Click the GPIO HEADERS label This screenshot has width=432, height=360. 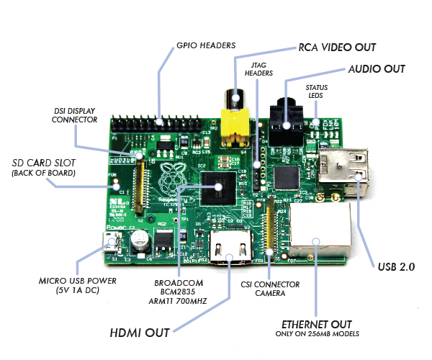pyautogui.click(x=205, y=45)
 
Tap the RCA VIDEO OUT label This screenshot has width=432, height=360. pyautogui.click(x=337, y=48)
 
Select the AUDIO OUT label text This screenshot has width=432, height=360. pyautogui.click(x=376, y=69)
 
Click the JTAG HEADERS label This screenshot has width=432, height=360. pyautogui.click(x=258, y=69)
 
